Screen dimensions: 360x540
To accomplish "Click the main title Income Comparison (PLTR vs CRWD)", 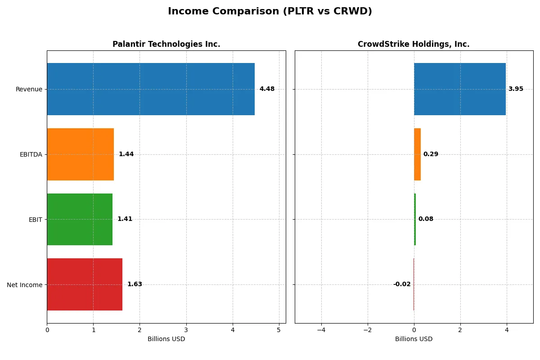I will (x=270, y=12).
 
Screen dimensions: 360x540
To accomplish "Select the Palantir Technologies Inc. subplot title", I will (x=166, y=44).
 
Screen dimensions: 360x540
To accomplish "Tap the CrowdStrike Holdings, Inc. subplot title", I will (x=414, y=44).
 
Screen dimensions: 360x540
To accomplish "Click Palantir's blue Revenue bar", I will (x=151, y=89).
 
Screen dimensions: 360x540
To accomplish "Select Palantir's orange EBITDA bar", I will (x=80, y=154).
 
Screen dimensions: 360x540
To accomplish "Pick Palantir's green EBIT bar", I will (x=80, y=219).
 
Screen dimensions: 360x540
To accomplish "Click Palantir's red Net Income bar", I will (x=85, y=284).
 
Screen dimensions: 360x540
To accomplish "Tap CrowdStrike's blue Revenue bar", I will (x=459, y=89).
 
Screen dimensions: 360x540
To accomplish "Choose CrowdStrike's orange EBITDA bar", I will (x=417, y=154).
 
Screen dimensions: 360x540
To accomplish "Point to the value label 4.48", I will (x=267, y=89).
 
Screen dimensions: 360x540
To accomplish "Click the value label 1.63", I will (x=135, y=284).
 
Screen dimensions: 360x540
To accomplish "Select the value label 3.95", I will (x=516, y=89).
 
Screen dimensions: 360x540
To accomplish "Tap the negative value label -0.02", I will (x=402, y=284).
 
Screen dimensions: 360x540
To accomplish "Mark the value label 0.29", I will (x=431, y=154).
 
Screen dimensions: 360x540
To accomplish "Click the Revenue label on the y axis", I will (x=29, y=89).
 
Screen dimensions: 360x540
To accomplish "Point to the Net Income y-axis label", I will (x=25, y=284).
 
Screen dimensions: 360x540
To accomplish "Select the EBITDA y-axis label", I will (x=31, y=154).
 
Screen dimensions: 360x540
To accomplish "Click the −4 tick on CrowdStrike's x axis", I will (x=321, y=330).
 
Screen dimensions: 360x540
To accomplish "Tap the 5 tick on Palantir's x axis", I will (x=279, y=330).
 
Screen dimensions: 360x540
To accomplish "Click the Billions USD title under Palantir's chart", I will (x=166, y=339).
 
